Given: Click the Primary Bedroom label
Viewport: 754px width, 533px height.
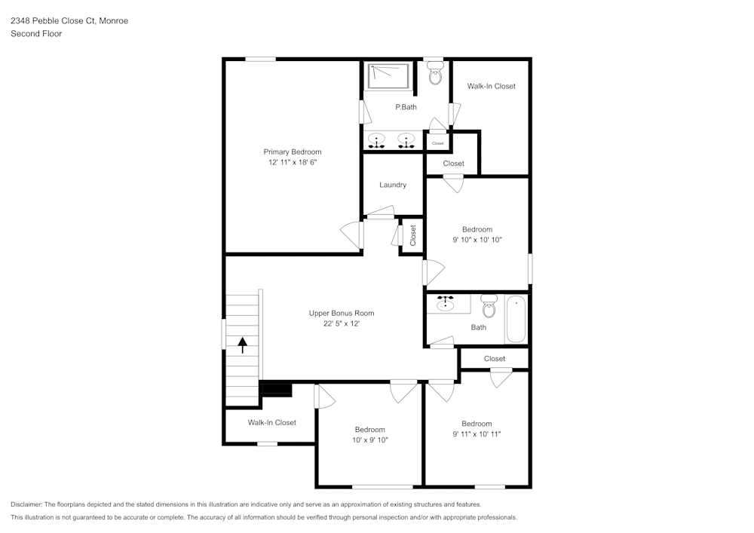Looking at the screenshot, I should pos(292,152).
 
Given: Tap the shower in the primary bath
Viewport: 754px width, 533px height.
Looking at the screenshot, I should pos(388,75).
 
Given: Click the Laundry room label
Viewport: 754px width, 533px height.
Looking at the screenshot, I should pos(393,185).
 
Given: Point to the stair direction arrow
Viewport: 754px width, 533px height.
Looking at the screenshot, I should pos(243,345).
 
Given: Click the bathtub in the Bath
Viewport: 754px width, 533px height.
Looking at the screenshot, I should pos(516,319).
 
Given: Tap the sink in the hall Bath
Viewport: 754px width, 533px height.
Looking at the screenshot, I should pos(447,302).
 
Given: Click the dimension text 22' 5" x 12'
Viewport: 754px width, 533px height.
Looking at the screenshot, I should pos(341,324).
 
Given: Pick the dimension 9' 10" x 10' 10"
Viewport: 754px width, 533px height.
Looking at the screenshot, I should pos(477,240).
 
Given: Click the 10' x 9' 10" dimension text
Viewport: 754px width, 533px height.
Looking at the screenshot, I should pos(369,440).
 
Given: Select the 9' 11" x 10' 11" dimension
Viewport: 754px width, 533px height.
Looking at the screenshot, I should pos(477,433).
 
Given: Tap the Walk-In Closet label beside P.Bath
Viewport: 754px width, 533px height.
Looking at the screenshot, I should pos(491,86).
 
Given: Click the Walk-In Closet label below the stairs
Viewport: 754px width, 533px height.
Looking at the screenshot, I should pos(271,423).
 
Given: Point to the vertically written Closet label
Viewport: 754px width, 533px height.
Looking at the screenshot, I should pos(412,235).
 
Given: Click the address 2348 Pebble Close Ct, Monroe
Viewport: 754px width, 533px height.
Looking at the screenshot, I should pos(69,21).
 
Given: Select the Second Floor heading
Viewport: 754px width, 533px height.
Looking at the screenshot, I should pos(36,34).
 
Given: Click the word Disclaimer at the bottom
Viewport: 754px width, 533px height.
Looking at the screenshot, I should pos(26,504).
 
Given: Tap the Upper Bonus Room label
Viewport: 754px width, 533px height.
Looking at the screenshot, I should pos(341,313).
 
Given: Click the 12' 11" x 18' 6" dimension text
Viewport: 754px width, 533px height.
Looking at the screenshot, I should pos(292,162).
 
